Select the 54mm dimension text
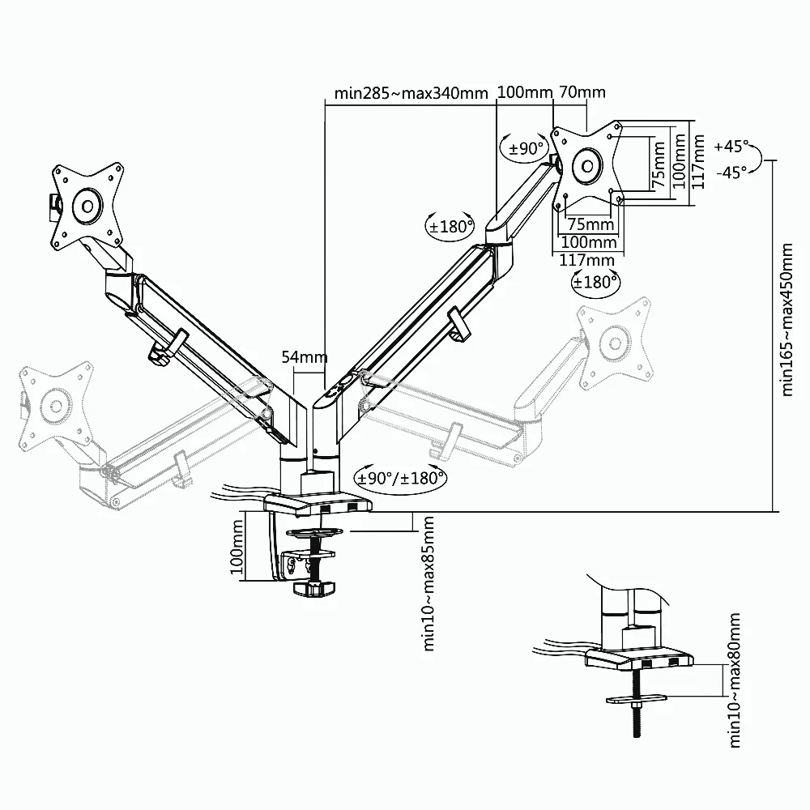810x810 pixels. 305,356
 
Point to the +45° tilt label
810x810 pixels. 732,147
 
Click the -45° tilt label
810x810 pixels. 732,172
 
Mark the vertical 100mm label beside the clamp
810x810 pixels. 237,548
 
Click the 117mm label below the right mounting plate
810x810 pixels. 587,260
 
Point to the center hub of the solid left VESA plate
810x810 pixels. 86,206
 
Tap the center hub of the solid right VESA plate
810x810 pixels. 586,166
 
